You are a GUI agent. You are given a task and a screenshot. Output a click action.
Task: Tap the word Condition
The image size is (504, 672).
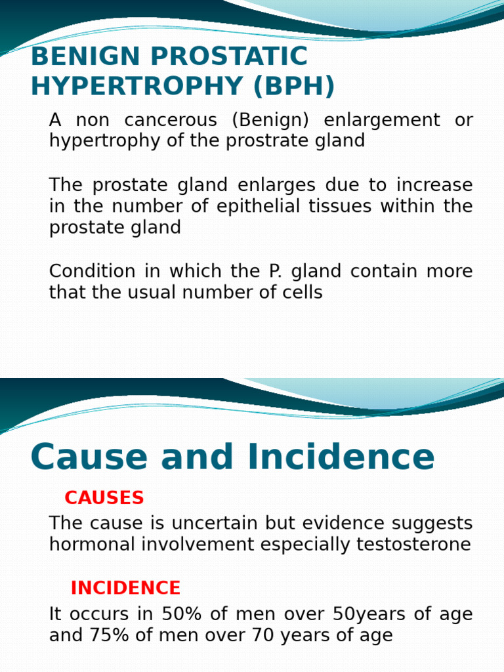93,271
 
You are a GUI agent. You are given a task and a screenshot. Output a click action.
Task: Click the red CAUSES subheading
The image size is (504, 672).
104,498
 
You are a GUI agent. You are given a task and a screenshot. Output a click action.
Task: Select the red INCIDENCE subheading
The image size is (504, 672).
125,588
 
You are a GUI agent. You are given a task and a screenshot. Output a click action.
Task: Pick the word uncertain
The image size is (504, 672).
215,523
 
